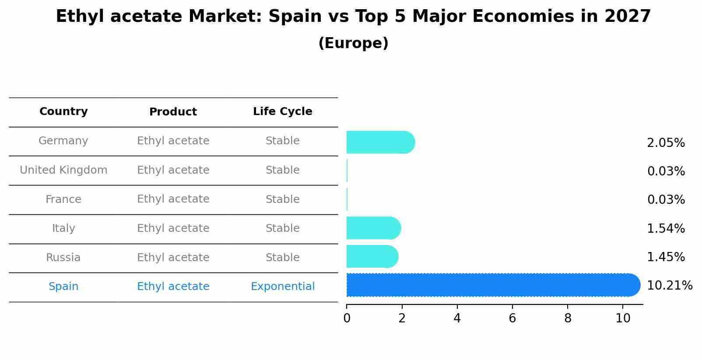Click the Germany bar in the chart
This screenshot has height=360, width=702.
tap(380, 142)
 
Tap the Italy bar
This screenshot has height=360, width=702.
tap(373, 228)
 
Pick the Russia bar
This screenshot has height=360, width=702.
tap(372, 256)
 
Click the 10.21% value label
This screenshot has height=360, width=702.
tap(669, 286)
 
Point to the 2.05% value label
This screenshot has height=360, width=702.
tap(665, 143)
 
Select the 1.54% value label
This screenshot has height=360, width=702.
tap(665, 228)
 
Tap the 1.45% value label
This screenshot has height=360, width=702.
tap(665, 257)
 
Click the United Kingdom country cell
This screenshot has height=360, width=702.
tap(63, 170)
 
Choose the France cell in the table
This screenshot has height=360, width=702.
tap(63, 199)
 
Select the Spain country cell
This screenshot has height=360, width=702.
tap(63, 287)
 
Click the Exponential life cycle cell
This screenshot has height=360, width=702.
tap(282, 287)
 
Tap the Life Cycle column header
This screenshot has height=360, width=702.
tap(282, 112)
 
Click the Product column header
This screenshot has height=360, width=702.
tap(173, 112)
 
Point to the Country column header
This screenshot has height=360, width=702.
tap(63, 112)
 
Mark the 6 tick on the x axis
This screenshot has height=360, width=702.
tap(512, 318)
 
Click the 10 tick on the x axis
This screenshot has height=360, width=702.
tap(623, 318)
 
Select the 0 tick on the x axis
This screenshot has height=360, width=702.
tap(347, 318)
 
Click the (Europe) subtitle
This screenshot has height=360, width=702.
tap(353, 43)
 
